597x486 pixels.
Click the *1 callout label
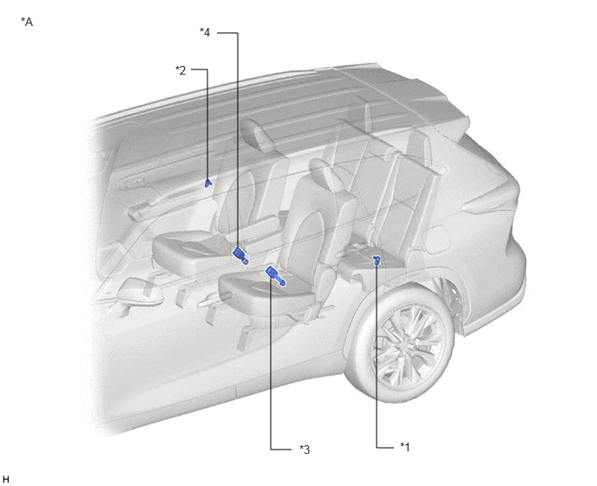[404, 447]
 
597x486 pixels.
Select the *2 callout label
[180, 70]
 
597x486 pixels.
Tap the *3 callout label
[305, 450]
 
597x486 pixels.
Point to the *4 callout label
[205, 32]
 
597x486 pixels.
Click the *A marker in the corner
[27, 22]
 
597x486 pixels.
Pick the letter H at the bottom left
[5, 479]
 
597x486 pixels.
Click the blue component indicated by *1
[377, 260]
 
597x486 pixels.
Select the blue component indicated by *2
[207, 183]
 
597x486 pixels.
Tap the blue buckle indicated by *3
[276, 276]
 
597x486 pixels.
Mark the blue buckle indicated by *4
[240, 255]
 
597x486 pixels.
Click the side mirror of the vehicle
[138, 292]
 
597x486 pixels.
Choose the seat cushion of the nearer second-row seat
[266, 286]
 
